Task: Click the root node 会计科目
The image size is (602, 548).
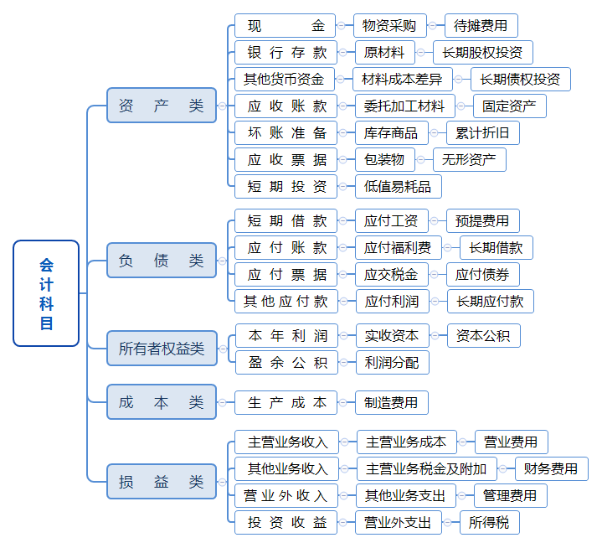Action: (x=46, y=293)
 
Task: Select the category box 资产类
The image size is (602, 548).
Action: (x=161, y=106)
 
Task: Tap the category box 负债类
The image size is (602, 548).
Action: (x=161, y=261)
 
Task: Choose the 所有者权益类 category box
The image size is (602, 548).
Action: (x=161, y=349)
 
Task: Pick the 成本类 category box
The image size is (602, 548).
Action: (x=161, y=402)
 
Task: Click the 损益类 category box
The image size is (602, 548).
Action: (x=161, y=482)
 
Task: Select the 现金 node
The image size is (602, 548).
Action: (x=285, y=25)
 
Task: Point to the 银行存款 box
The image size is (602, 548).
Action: (x=286, y=52)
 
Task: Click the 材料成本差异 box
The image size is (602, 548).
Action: (x=402, y=80)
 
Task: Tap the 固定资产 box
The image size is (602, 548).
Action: (x=509, y=106)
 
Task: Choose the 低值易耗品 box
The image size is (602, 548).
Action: (x=398, y=187)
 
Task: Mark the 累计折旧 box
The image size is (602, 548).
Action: (x=482, y=133)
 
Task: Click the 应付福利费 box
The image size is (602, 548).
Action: (x=398, y=248)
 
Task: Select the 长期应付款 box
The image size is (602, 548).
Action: (x=490, y=302)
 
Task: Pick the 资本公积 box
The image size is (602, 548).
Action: (x=483, y=336)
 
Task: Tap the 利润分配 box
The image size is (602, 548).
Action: (x=391, y=363)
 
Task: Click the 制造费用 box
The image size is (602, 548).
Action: (x=391, y=403)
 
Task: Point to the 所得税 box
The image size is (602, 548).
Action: (x=489, y=523)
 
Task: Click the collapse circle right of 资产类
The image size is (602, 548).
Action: (x=222, y=106)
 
